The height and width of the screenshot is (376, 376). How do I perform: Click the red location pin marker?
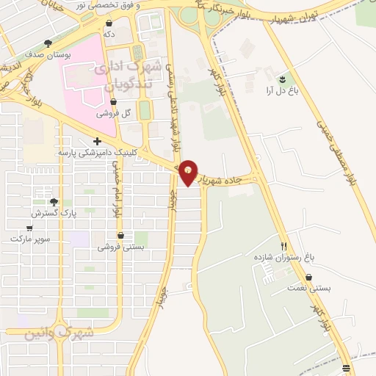tap(189, 173)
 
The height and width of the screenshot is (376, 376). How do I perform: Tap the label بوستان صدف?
tap(46, 54)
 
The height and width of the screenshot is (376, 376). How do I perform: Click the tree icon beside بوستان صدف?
tap(48, 43)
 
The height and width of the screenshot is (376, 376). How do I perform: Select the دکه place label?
tap(109, 33)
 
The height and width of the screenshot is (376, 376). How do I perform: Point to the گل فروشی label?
tap(116, 114)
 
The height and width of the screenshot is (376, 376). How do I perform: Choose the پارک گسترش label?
tap(54, 213)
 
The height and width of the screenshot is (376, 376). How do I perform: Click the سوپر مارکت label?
tap(29, 239)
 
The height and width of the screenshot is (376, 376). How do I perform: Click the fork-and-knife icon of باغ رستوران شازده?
tap(283, 246)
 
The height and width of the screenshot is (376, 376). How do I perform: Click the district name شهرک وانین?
tap(59, 333)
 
